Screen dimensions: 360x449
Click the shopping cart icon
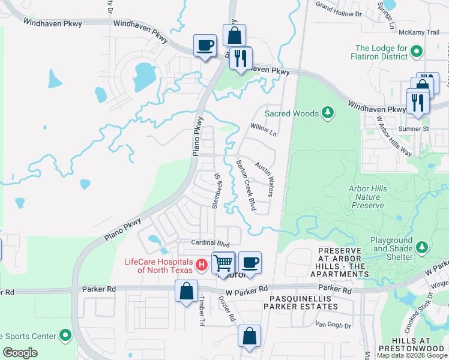(223, 263)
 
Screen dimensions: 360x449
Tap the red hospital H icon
(202, 264)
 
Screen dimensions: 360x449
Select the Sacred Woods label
(291, 112)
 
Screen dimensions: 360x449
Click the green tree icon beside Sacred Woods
(327, 112)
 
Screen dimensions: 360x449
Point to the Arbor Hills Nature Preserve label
(366, 197)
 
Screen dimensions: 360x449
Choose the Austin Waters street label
(265, 179)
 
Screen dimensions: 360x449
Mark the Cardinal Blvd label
(211, 244)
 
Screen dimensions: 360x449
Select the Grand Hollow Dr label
(340, 10)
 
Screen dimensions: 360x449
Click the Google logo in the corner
(20, 353)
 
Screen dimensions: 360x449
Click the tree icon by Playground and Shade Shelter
(422, 247)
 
